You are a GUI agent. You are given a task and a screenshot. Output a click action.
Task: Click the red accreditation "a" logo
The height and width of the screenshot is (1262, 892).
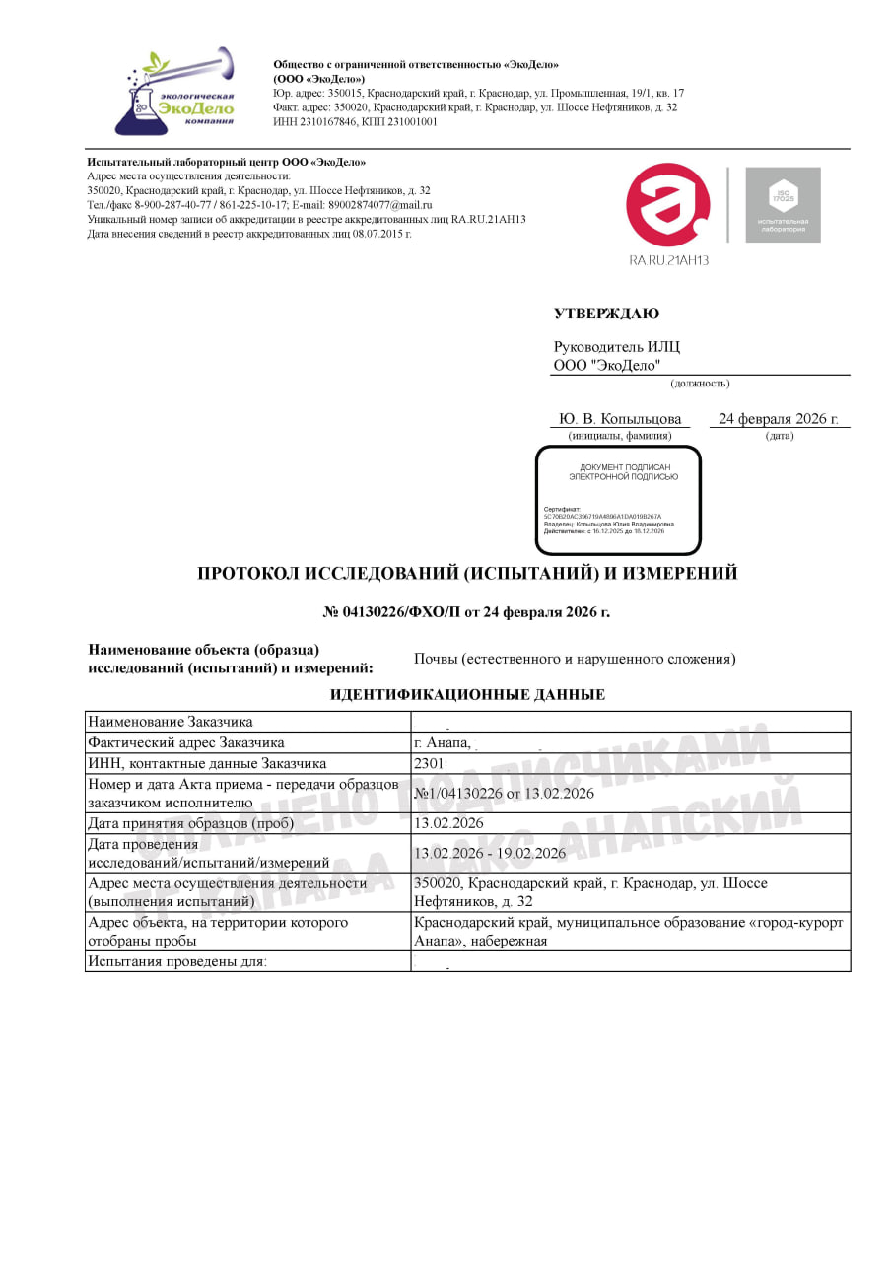[668, 206]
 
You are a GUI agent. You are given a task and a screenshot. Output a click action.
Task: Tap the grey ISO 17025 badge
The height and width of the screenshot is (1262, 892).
[783, 205]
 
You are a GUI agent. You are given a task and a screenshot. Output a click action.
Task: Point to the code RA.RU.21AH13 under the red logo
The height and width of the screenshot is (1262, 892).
[669, 260]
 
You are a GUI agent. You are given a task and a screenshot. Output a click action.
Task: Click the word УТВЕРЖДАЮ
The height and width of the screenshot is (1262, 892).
[606, 314]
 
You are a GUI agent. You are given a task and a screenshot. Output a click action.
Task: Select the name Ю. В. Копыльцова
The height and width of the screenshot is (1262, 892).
[620, 419]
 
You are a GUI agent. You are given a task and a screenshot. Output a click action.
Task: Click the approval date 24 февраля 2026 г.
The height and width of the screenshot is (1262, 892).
[779, 419]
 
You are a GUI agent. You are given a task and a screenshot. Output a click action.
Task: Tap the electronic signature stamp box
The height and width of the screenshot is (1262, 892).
[618, 500]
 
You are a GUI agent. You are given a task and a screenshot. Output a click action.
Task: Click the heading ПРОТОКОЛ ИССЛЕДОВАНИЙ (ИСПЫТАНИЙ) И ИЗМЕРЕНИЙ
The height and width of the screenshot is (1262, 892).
[467, 574]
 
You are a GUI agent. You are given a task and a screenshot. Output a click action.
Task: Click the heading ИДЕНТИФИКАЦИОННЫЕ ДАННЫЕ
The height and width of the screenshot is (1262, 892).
[467, 695]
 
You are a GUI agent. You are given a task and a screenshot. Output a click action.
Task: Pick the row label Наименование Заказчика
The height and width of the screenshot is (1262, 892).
[170, 722]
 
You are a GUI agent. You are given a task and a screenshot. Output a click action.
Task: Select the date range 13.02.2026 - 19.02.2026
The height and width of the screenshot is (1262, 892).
[490, 853]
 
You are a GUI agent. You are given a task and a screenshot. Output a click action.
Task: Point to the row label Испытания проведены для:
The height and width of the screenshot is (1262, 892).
[177, 961]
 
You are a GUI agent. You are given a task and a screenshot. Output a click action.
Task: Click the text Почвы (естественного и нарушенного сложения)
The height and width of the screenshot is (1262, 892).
[575, 659]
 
